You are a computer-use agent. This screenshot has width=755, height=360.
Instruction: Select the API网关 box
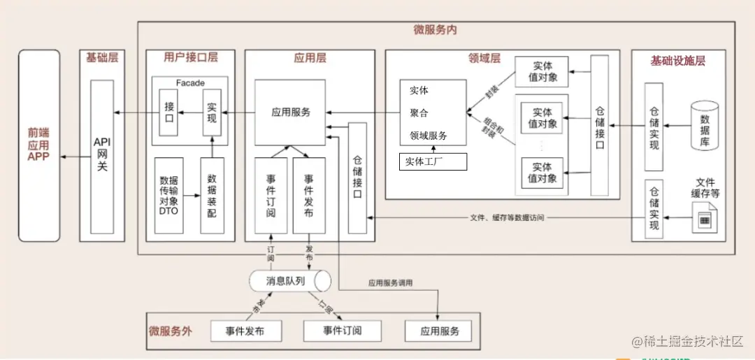(102, 157)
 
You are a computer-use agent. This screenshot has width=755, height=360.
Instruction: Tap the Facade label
(190, 83)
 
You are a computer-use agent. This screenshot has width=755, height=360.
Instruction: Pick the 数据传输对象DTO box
(169, 195)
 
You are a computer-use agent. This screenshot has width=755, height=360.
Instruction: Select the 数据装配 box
(212, 195)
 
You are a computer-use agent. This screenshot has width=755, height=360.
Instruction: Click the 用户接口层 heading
(190, 58)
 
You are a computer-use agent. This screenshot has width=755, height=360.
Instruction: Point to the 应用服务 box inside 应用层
(290, 112)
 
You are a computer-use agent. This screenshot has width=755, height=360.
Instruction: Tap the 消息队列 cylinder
(289, 281)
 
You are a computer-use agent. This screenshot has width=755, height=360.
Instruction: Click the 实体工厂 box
(432, 162)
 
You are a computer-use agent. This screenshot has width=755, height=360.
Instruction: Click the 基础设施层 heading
(677, 61)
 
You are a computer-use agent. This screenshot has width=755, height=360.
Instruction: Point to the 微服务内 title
(435, 30)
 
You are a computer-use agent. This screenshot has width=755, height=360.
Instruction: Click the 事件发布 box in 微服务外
(245, 331)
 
